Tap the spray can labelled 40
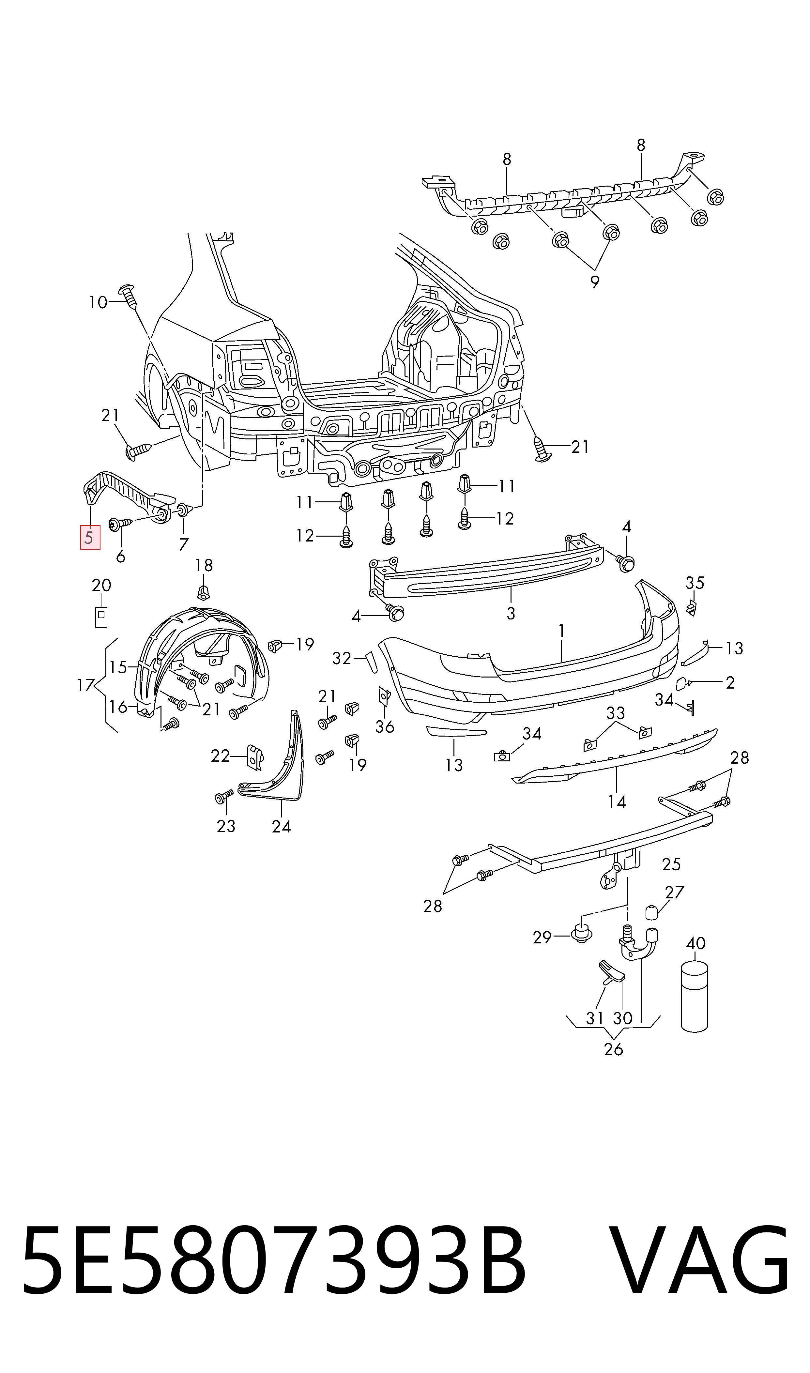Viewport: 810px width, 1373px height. click(694, 997)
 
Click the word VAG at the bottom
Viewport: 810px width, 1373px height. click(699, 1262)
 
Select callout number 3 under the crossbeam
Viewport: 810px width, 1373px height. click(511, 613)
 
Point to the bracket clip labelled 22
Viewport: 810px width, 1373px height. click(255, 757)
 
